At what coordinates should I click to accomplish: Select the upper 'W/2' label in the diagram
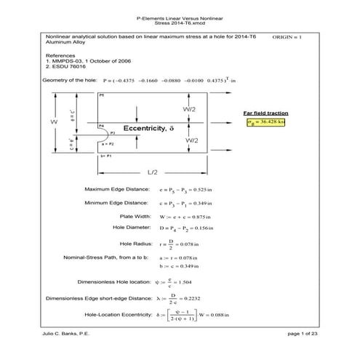coord(188,108)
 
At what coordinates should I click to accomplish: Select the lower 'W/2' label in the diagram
coord(188,139)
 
